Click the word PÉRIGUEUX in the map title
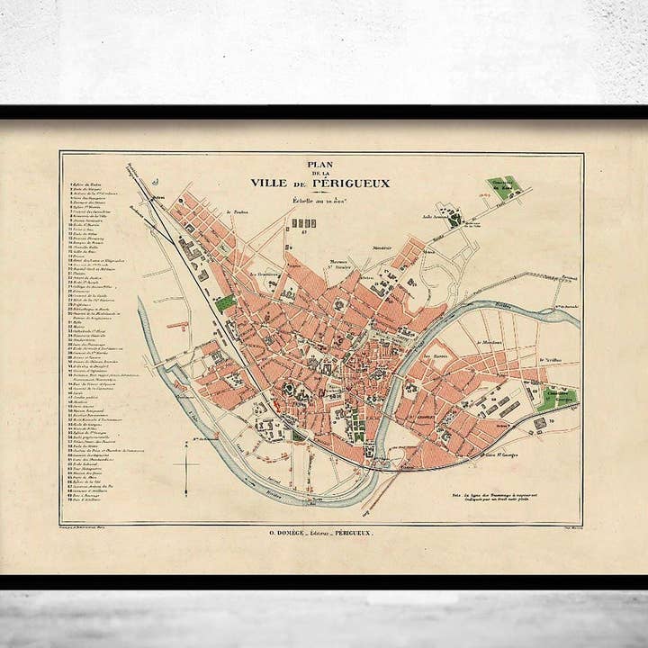tap(356, 184)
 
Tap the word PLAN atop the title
tap(319, 165)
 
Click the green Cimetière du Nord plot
tap(505, 187)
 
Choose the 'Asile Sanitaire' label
tap(436, 215)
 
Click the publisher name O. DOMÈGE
tap(291, 534)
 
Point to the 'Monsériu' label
tap(382, 247)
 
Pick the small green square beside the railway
tap(225, 302)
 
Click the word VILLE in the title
tap(270, 184)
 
